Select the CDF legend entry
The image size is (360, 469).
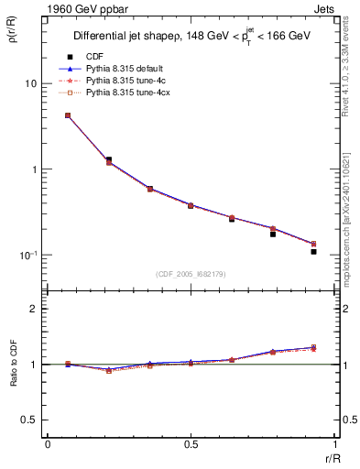(93, 57)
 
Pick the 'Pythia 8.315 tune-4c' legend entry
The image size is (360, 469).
(117, 81)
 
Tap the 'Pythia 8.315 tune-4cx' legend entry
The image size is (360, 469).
(119, 93)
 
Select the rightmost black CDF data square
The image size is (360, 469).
(313, 251)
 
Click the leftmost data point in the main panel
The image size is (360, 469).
(68, 115)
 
